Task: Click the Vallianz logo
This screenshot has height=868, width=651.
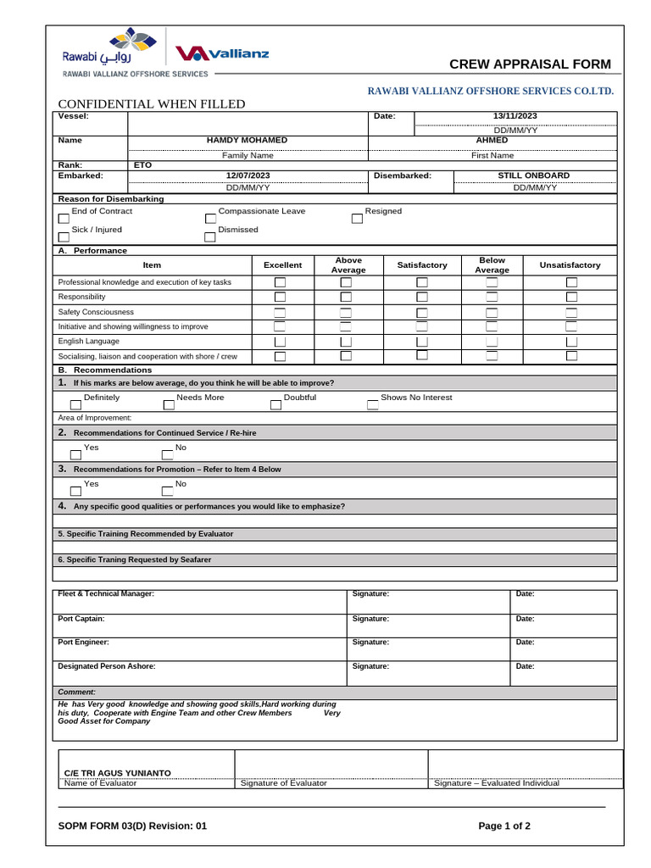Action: (x=222, y=53)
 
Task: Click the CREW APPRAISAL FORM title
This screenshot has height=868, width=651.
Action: (x=529, y=65)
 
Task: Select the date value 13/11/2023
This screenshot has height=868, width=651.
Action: (x=515, y=116)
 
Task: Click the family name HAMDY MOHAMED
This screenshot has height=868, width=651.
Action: (x=247, y=140)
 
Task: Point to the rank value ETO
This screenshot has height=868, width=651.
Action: (x=142, y=165)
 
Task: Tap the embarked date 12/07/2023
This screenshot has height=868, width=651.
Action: (x=248, y=175)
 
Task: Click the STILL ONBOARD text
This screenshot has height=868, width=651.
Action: (x=533, y=175)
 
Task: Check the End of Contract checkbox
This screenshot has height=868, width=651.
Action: (x=64, y=218)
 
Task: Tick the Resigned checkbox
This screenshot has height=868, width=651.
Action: (x=357, y=218)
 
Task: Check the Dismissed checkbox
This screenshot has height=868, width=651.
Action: (x=210, y=236)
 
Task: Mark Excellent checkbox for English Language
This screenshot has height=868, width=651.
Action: (x=280, y=342)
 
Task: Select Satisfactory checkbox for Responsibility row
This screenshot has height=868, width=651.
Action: (x=421, y=297)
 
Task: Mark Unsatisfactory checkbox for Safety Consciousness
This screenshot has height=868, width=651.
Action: (x=571, y=312)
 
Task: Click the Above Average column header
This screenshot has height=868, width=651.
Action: (x=348, y=265)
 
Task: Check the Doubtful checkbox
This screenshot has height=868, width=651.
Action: (x=275, y=404)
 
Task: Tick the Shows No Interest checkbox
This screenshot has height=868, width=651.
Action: (x=372, y=404)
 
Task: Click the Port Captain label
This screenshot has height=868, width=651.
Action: (x=81, y=619)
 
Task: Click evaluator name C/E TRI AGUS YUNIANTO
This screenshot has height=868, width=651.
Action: (x=118, y=773)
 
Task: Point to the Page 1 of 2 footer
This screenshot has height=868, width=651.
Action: (x=504, y=826)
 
